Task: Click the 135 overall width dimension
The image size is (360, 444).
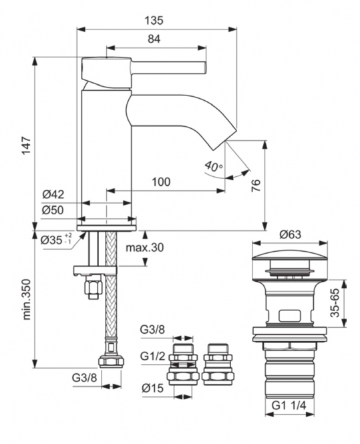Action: (x=154, y=21)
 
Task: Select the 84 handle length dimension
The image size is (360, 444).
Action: (x=154, y=39)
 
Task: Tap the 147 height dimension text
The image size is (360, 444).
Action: (x=26, y=146)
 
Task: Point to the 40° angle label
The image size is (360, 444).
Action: (x=214, y=166)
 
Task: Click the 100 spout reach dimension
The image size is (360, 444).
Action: (x=161, y=182)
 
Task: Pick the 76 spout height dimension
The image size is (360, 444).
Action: (x=256, y=186)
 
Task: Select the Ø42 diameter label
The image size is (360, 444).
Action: (x=53, y=194)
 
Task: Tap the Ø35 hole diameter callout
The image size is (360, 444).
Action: (x=56, y=240)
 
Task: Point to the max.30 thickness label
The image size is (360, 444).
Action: (x=145, y=248)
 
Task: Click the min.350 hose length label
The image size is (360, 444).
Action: (x=26, y=300)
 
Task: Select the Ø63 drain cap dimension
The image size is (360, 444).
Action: (x=290, y=234)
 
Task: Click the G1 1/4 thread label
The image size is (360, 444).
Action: (x=289, y=405)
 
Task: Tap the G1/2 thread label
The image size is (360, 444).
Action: (x=152, y=356)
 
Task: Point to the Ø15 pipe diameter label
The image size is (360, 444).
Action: (x=153, y=388)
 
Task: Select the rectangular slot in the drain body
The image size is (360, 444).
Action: (x=289, y=316)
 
